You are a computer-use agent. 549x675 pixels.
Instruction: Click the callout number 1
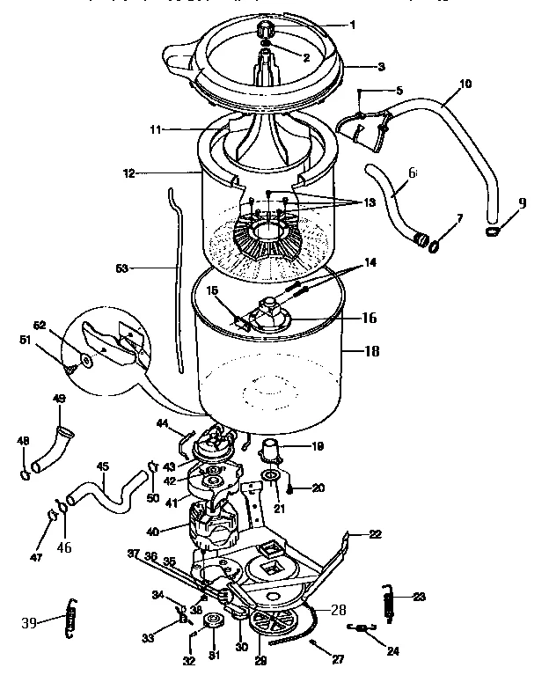click(x=353, y=25)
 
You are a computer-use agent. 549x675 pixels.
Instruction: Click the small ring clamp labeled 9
click(x=492, y=231)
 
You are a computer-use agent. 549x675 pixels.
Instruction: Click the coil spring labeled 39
click(x=72, y=620)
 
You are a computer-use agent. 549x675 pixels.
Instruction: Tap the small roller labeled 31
click(x=212, y=626)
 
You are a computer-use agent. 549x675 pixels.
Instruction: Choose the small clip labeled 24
click(x=358, y=628)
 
